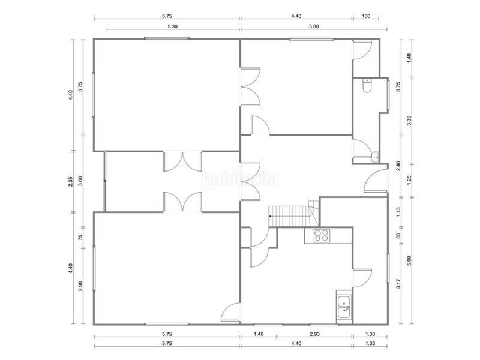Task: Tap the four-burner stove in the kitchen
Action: coord(321,235)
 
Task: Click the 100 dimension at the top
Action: coord(365,17)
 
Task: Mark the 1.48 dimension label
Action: coord(409,58)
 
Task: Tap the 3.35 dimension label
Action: coord(409,120)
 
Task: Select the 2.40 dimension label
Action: coord(399,166)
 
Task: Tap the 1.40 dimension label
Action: coord(259,334)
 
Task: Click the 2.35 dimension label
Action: coord(71,181)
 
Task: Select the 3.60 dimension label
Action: coord(81,181)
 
